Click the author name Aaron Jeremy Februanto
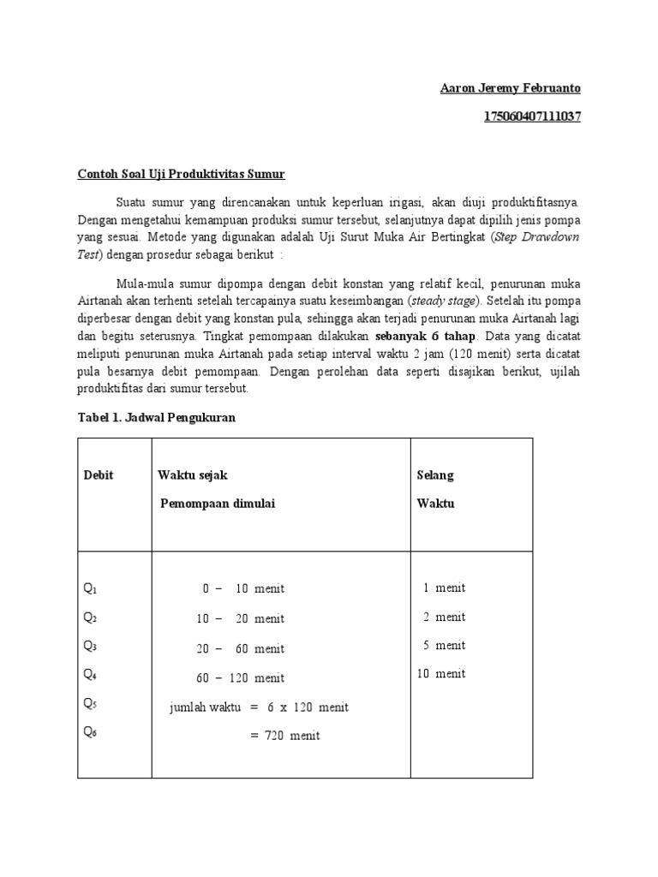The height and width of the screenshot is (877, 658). [x=511, y=88]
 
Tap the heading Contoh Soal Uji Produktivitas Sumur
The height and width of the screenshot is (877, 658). [x=181, y=174]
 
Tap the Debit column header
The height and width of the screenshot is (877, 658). [x=98, y=475]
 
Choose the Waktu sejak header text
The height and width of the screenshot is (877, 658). [x=192, y=475]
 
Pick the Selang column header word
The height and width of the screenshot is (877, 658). [x=435, y=475]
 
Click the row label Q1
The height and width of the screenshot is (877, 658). [x=91, y=589]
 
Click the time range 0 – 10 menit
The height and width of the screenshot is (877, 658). [x=243, y=589]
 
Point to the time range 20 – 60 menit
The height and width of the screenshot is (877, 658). [x=240, y=649]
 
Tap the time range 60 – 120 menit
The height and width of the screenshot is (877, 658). [x=240, y=678]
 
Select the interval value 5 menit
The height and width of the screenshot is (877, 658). [x=444, y=645]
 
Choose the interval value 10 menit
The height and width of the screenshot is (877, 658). [x=441, y=674]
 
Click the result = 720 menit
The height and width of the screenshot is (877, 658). [x=285, y=736]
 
